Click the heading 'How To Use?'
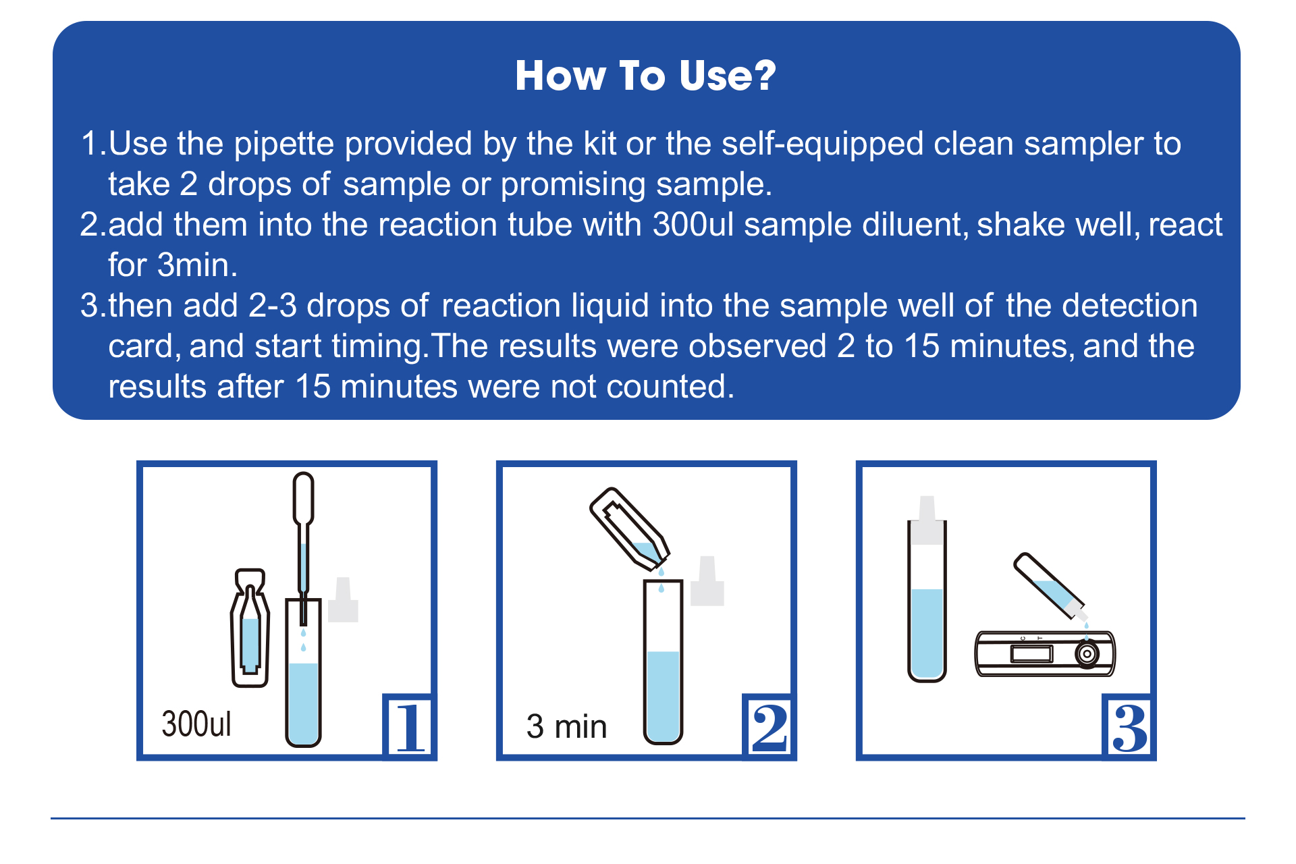click(x=646, y=75)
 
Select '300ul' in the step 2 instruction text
click(x=693, y=224)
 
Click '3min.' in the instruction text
click(x=197, y=265)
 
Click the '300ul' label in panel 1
click(x=196, y=724)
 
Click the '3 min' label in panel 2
click(x=566, y=727)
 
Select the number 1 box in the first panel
click(x=409, y=726)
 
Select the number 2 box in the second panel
click(x=769, y=726)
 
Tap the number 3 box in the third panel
click(x=1129, y=726)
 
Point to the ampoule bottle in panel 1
click(x=250, y=628)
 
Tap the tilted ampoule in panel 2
click(x=629, y=526)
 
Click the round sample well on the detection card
click(x=1087, y=653)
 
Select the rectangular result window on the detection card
click(x=1031, y=653)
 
